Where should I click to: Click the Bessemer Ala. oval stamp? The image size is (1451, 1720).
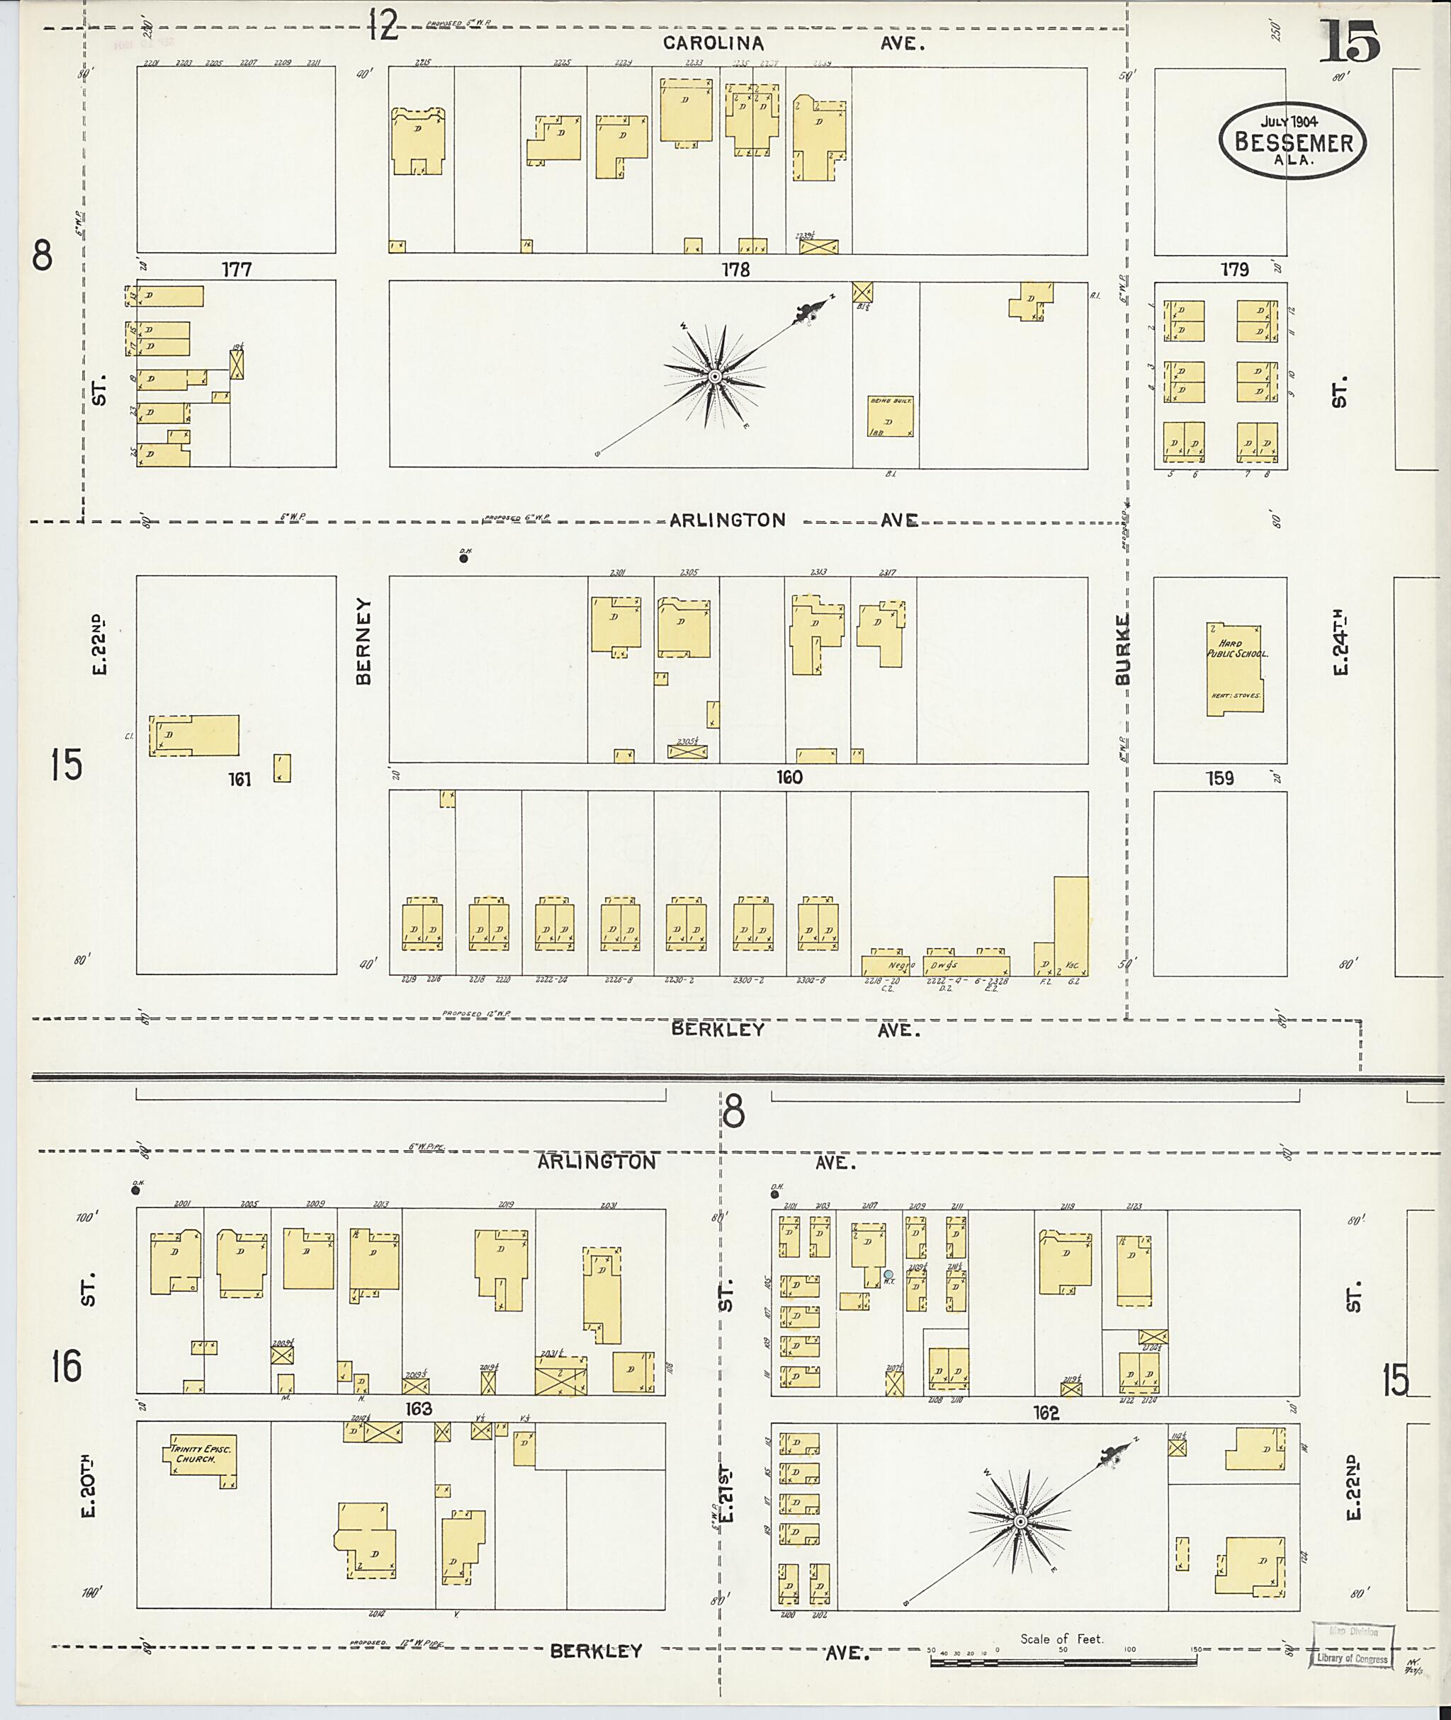pos(1292,141)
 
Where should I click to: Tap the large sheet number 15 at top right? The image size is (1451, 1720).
pos(1350,42)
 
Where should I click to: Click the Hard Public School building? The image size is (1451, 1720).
pos(1233,668)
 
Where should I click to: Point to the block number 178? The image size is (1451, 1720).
pos(735,269)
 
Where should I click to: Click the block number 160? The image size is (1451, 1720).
pos(788,776)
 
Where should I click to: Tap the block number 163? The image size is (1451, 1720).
pos(419,1409)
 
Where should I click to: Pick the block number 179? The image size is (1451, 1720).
pos(1235,269)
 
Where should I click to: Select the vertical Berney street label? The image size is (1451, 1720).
pos(363,640)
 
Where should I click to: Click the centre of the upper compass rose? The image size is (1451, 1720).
pos(715,377)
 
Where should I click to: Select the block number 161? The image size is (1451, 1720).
pos(239,779)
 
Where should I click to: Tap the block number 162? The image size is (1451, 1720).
pos(1046,1413)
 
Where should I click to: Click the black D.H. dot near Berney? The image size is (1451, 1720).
pos(464,558)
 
